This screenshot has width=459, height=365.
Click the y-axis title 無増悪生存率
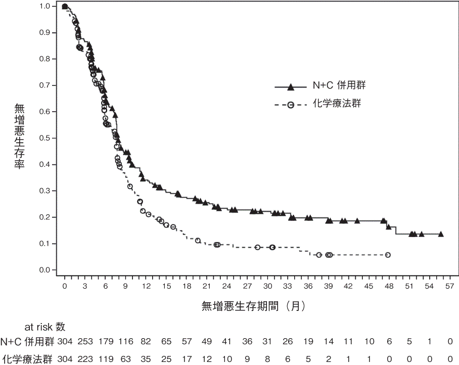19,136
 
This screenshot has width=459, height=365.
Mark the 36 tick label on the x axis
308,286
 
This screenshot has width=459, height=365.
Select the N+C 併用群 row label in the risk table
27,341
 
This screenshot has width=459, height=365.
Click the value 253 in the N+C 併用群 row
85,341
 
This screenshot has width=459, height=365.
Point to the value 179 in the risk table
105,341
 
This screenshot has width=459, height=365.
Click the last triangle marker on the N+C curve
441,234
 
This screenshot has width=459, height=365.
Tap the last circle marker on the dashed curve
388,255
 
